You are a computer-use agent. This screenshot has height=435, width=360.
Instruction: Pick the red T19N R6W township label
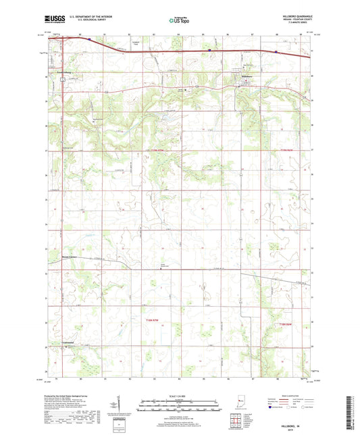click(x=290, y=150)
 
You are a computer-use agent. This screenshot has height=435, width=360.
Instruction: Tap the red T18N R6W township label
click(x=290, y=326)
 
